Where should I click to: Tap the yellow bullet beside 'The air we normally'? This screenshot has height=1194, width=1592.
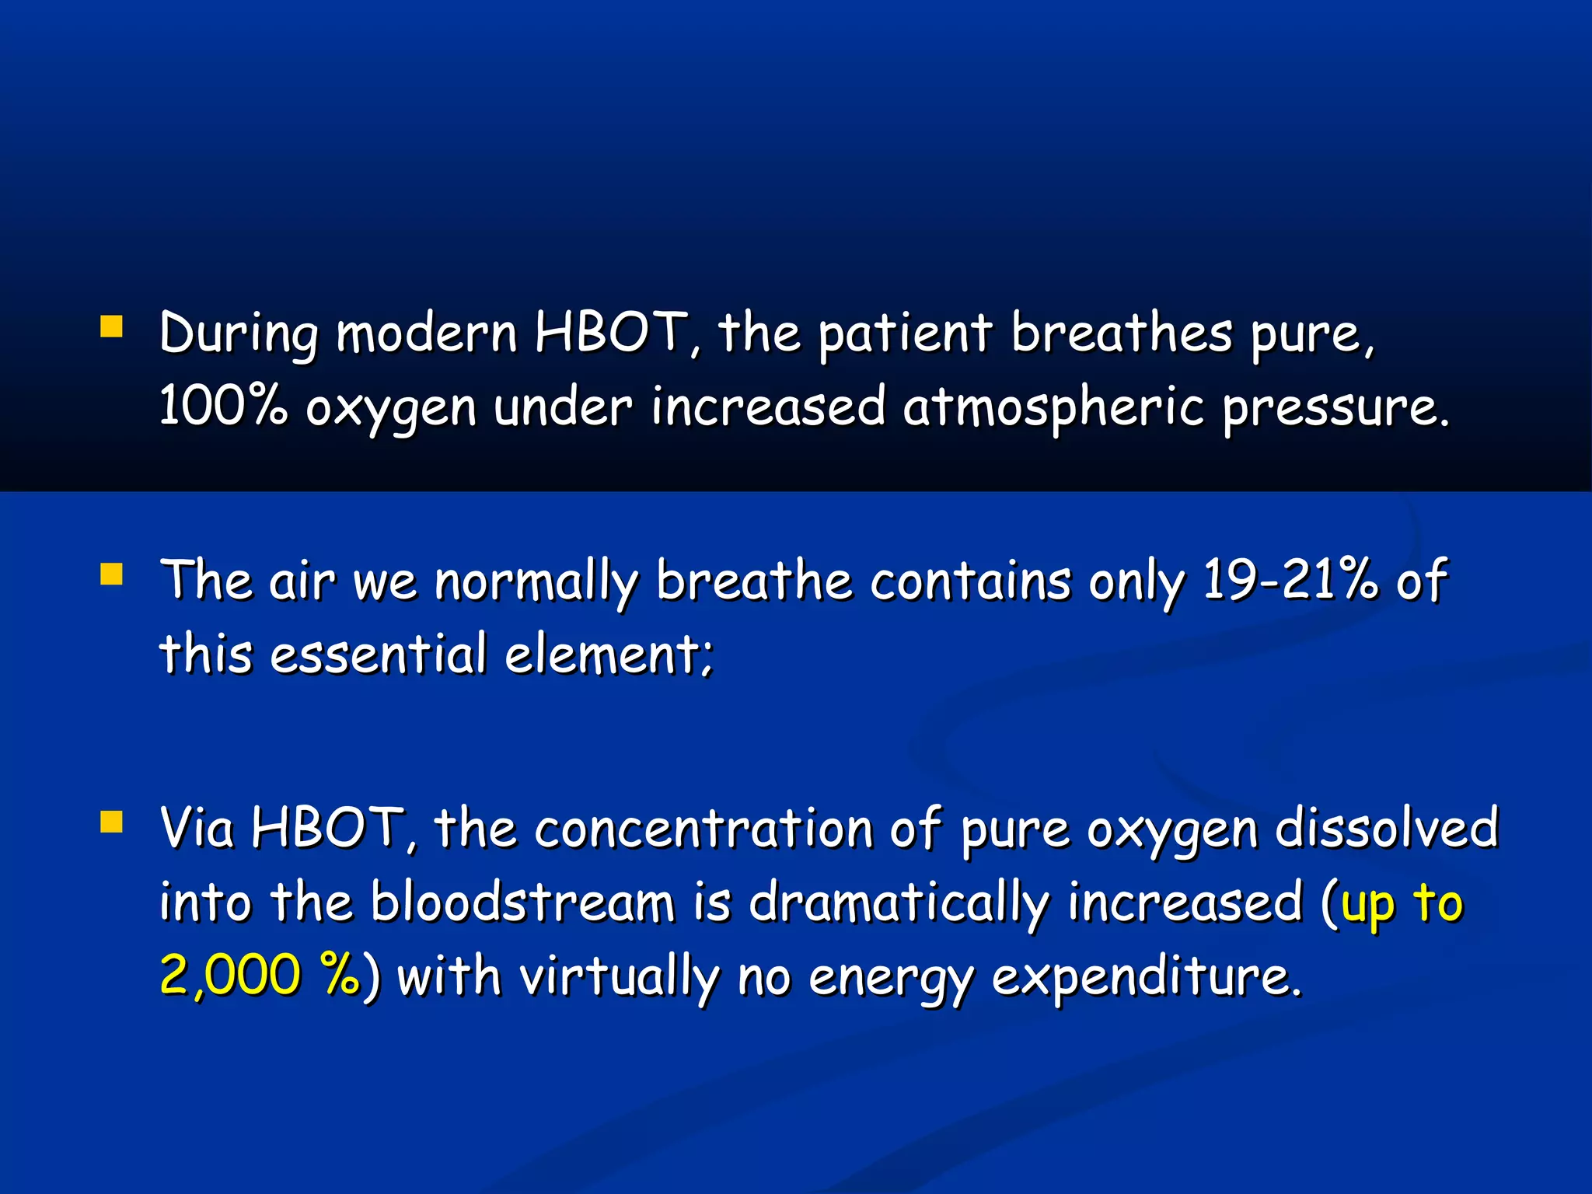111,574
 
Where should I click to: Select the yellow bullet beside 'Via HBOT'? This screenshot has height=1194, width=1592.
111,822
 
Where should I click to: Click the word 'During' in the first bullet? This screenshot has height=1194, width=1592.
239,334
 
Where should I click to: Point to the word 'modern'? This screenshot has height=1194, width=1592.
427,334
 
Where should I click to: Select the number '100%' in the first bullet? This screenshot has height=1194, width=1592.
223,407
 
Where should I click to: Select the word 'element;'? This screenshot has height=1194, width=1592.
609,655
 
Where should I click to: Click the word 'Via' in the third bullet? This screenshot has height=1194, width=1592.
197,827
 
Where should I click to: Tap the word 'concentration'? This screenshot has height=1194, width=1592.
703,829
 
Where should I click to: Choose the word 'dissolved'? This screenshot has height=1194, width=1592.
1387,827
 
